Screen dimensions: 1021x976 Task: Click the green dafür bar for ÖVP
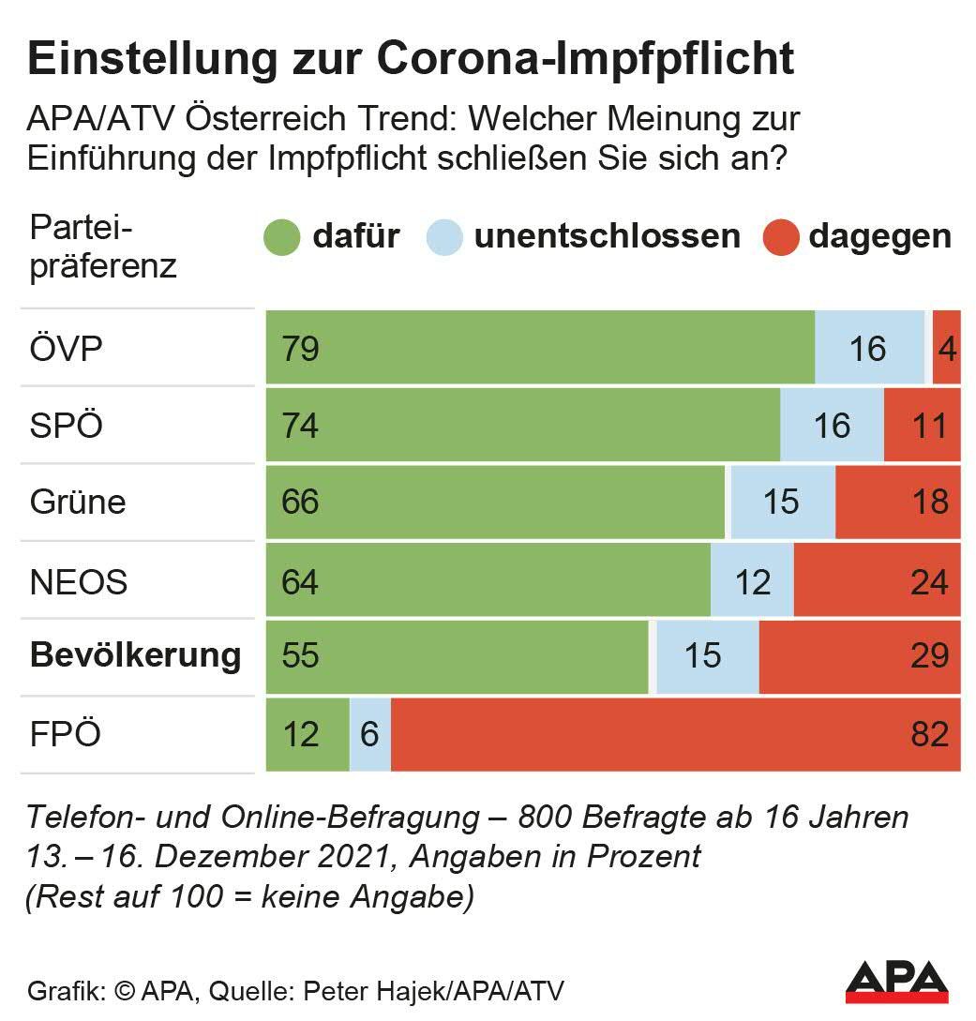540,348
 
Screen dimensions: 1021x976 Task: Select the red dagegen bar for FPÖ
675,734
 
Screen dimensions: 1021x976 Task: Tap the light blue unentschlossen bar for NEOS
752,581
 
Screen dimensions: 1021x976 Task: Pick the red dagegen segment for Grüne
897,502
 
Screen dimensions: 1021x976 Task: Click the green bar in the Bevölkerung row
458,655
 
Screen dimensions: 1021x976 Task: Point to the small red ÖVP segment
946,348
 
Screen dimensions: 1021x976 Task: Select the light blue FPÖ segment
369,734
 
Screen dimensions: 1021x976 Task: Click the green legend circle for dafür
282,238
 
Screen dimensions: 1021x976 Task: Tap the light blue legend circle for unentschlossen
444,238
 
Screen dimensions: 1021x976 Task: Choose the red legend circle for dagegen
779,238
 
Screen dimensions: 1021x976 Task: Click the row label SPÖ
67,426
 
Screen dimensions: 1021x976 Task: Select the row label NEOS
79,581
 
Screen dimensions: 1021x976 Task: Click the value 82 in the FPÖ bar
929,734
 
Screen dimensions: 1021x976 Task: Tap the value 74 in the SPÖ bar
300,426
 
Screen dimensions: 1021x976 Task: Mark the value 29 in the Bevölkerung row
929,655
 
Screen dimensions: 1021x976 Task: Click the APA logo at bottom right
897,981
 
